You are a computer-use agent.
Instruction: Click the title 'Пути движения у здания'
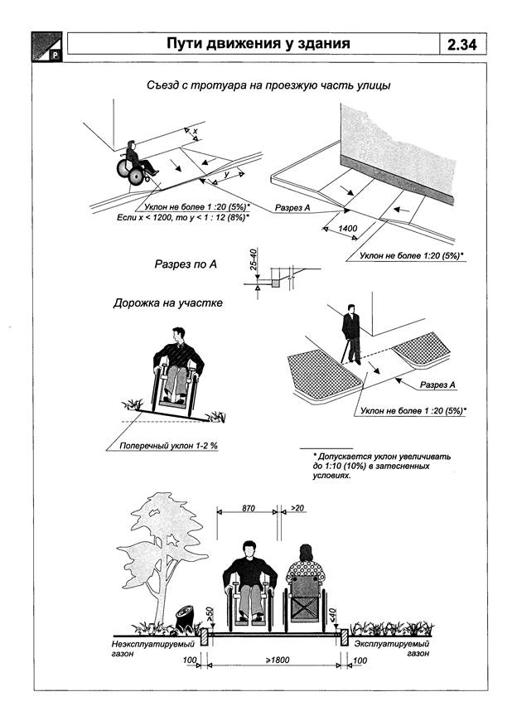click(255, 45)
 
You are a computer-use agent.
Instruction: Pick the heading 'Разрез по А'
click(186, 265)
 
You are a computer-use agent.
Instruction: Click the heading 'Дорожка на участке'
click(167, 303)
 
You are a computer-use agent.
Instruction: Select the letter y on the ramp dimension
click(225, 177)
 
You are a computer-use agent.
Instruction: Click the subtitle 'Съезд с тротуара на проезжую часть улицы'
click(257, 85)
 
